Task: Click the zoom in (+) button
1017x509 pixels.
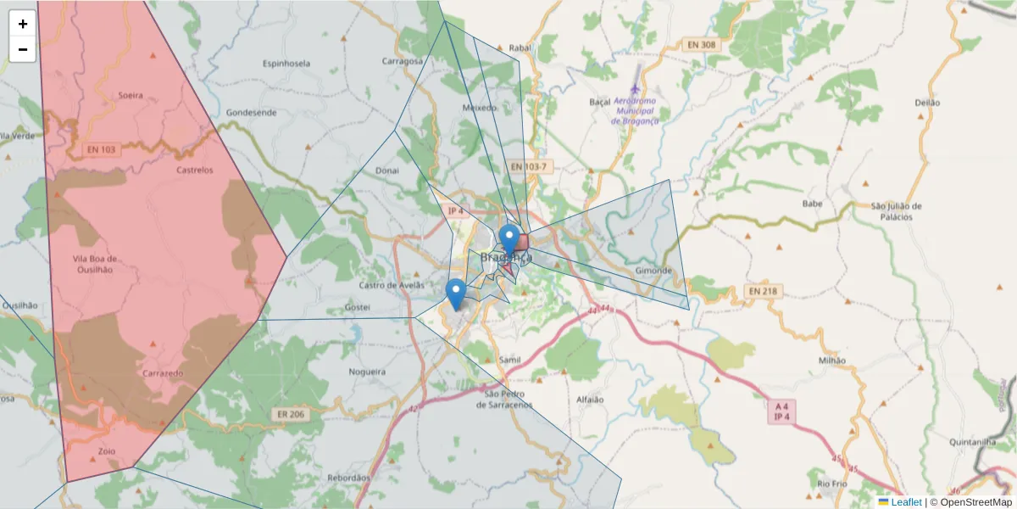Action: point(23,24)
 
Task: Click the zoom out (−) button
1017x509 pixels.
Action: point(23,49)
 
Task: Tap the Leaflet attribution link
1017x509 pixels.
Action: point(906,502)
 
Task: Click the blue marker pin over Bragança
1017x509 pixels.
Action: point(508,238)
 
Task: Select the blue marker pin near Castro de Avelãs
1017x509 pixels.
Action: point(456,293)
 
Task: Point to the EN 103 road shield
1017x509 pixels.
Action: point(101,149)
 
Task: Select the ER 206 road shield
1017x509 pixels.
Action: point(290,414)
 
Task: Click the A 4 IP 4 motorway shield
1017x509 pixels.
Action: point(781,411)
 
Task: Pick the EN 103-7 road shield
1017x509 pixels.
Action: point(530,167)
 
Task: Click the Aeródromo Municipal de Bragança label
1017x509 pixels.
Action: point(635,110)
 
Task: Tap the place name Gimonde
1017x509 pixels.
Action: point(653,271)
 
